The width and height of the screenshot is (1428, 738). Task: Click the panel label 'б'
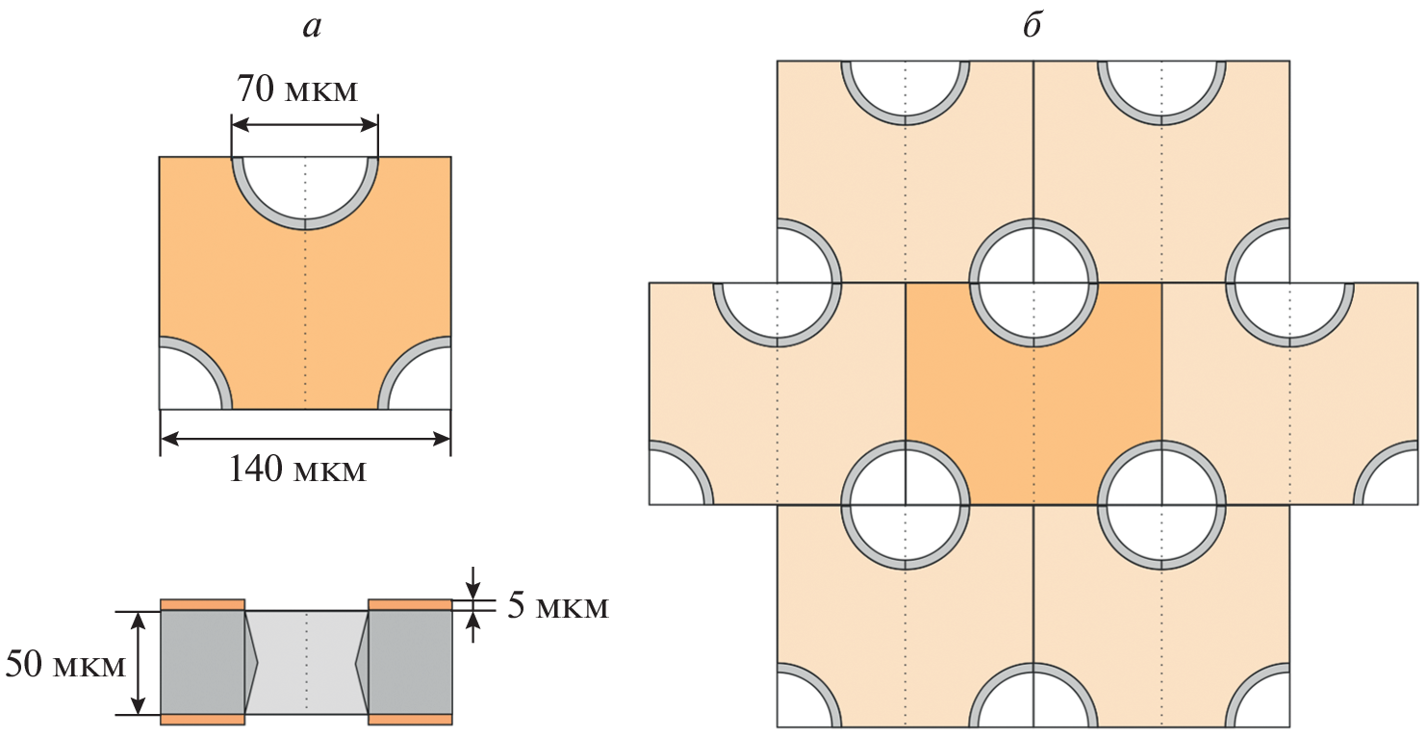click(1033, 24)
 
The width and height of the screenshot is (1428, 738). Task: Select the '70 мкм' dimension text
click(297, 89)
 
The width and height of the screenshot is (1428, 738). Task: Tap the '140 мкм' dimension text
click(297, 470)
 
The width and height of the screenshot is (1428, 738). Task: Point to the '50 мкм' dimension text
click(65, 664)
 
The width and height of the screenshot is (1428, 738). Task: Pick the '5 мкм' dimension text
click(558, 605)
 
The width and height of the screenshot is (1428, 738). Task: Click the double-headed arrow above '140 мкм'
click(305, 439)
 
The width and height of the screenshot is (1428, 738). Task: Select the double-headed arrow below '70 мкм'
click(305, 125)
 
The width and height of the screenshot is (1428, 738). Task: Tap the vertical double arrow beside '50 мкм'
click(138, 664)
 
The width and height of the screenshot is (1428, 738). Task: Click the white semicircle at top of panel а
click(305, 185)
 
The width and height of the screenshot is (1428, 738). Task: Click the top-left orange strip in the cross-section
click(202, 605)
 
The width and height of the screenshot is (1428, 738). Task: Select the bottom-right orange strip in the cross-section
click(410, 719)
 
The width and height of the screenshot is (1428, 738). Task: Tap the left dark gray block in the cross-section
click(202, 663)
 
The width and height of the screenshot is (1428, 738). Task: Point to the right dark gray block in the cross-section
click(410, 663)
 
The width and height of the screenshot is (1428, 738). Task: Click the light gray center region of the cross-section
click(306, 663)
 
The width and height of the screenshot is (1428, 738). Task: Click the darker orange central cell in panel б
click(1033, 408)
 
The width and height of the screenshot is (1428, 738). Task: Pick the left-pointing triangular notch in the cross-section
click(362, 664)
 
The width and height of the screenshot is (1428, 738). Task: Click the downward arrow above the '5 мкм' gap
click(472, 581)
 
